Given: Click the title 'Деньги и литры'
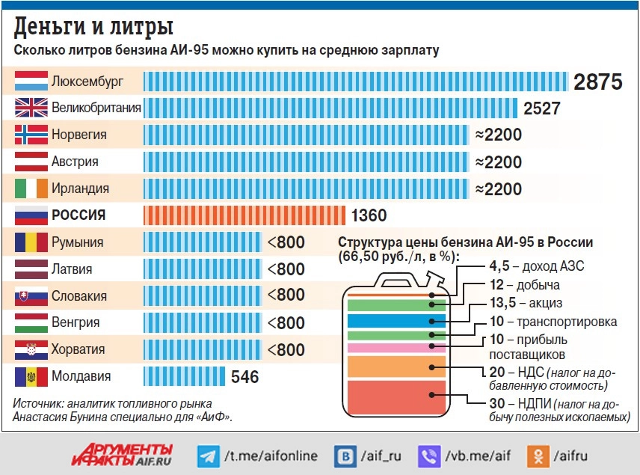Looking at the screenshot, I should tap(94, 27).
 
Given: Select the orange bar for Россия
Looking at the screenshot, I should tap(244, 215).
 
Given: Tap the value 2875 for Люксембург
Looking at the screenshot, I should tap(598, 82).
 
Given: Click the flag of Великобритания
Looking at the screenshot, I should tap(31, 108).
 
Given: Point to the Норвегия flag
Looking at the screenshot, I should tap(31, 135).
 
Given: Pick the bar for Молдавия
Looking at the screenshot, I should tap(184, 376).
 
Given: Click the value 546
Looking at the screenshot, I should tap(244, 376).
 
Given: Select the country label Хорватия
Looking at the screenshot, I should tap(78, 349).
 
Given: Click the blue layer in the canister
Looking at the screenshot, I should tap(396, 321).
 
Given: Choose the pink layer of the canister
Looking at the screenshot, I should tap(396, 348).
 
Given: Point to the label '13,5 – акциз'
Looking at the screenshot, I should tap(525, 303).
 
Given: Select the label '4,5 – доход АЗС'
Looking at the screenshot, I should tap(536, 266).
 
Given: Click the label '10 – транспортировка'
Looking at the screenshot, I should tap(553, 322).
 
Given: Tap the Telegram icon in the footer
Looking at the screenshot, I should tap(207, 456).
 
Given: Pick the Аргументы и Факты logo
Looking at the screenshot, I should tap(123, 455).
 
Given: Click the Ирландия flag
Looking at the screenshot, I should tap(31, 189).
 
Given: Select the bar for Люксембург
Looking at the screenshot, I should tap(356, 81).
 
